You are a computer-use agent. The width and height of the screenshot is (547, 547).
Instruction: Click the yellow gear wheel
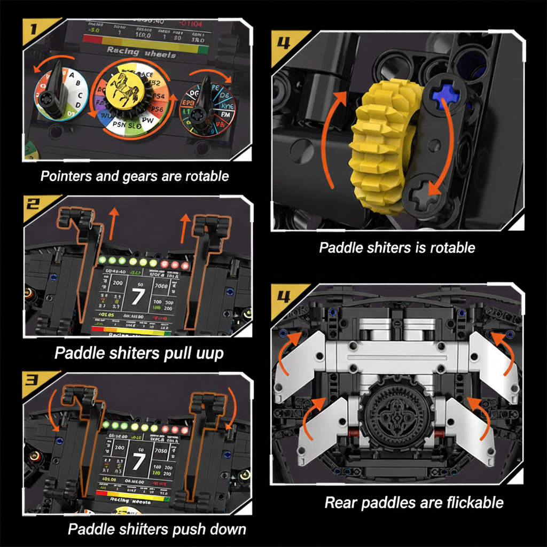[x=377, y=144]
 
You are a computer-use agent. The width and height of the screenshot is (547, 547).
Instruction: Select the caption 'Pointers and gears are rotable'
[x=135, y=176]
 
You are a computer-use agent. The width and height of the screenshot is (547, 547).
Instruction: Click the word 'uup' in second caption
[x=209, y=354]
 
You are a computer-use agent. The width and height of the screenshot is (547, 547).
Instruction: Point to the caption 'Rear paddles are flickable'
[x=414, y=503]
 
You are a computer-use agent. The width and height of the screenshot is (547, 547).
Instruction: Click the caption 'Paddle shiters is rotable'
[x=397, y=247]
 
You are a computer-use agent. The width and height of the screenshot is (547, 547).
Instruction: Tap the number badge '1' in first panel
[x=34, y=30]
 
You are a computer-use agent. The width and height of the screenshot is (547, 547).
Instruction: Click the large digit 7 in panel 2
[x=137, y=295]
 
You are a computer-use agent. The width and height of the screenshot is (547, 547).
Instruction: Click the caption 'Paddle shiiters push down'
[x=157, y=529]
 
